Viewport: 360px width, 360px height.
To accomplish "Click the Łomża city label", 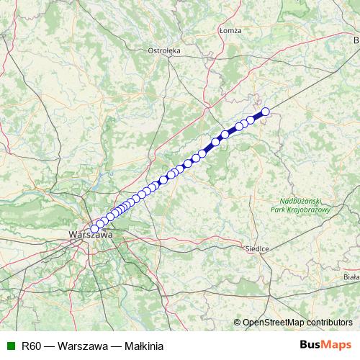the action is pyautogui.click(x=230, y=30).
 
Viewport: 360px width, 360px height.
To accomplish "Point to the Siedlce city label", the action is pyautogui.click(x=257, y=248).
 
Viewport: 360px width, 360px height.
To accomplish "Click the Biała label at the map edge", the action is pyautogui.click(x=351, y=276).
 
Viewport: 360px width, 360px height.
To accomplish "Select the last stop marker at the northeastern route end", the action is pyautogui.click(x=266, y=111).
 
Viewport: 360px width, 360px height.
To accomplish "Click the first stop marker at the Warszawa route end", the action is pyautogui.click(x=94, y=229).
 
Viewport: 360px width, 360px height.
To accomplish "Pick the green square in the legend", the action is pyautogui.click(x=9, y=345).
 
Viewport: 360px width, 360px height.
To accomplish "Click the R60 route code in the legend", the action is pyautogui.click(x=31, y=345).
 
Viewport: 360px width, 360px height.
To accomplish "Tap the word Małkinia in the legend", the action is pyautogui.click(x=145, y=345).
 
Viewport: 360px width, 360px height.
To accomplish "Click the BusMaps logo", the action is pyautogui.click(x=325, y=345).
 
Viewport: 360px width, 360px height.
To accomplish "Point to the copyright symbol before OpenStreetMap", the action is pyautogui.click(x=237, y=322).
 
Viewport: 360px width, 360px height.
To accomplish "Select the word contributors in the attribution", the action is pyautogui.click(x=329, y=322).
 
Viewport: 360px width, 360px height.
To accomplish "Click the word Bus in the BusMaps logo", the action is pyautogui.click(x=310, y=345).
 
